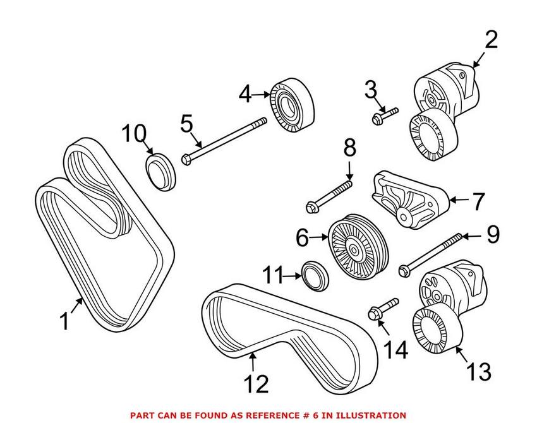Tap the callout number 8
coord(349,150)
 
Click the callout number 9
coord(492,235)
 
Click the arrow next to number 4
coord(261,95)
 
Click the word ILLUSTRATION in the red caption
coord(367,415)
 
